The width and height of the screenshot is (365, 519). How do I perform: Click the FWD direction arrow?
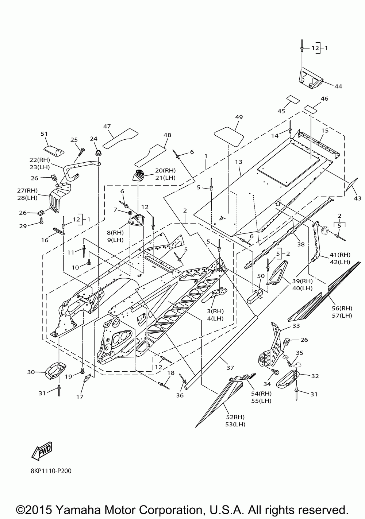point(42,451)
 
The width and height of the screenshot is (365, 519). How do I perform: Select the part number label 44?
point(338,86)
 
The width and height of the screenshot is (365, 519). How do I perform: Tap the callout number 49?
point(239,117)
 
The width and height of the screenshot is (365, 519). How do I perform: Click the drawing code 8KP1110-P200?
point(51,471)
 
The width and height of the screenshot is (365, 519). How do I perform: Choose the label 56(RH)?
point(342,309)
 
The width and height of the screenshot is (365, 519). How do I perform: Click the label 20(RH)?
point(165,171)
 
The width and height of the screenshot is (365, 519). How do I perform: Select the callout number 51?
point(44,134)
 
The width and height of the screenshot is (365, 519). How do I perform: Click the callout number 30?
point(31,372)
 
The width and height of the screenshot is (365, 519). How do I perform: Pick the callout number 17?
point(80,397)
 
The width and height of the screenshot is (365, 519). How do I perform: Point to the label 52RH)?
point(235,417)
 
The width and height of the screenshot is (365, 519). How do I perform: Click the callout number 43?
point(358,198)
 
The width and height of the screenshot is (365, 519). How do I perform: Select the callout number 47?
point(107,126)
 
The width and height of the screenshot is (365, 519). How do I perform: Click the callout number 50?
point(261,276)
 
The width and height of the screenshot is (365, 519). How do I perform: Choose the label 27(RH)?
point(27,190)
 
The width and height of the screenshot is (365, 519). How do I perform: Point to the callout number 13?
point(239,162)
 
